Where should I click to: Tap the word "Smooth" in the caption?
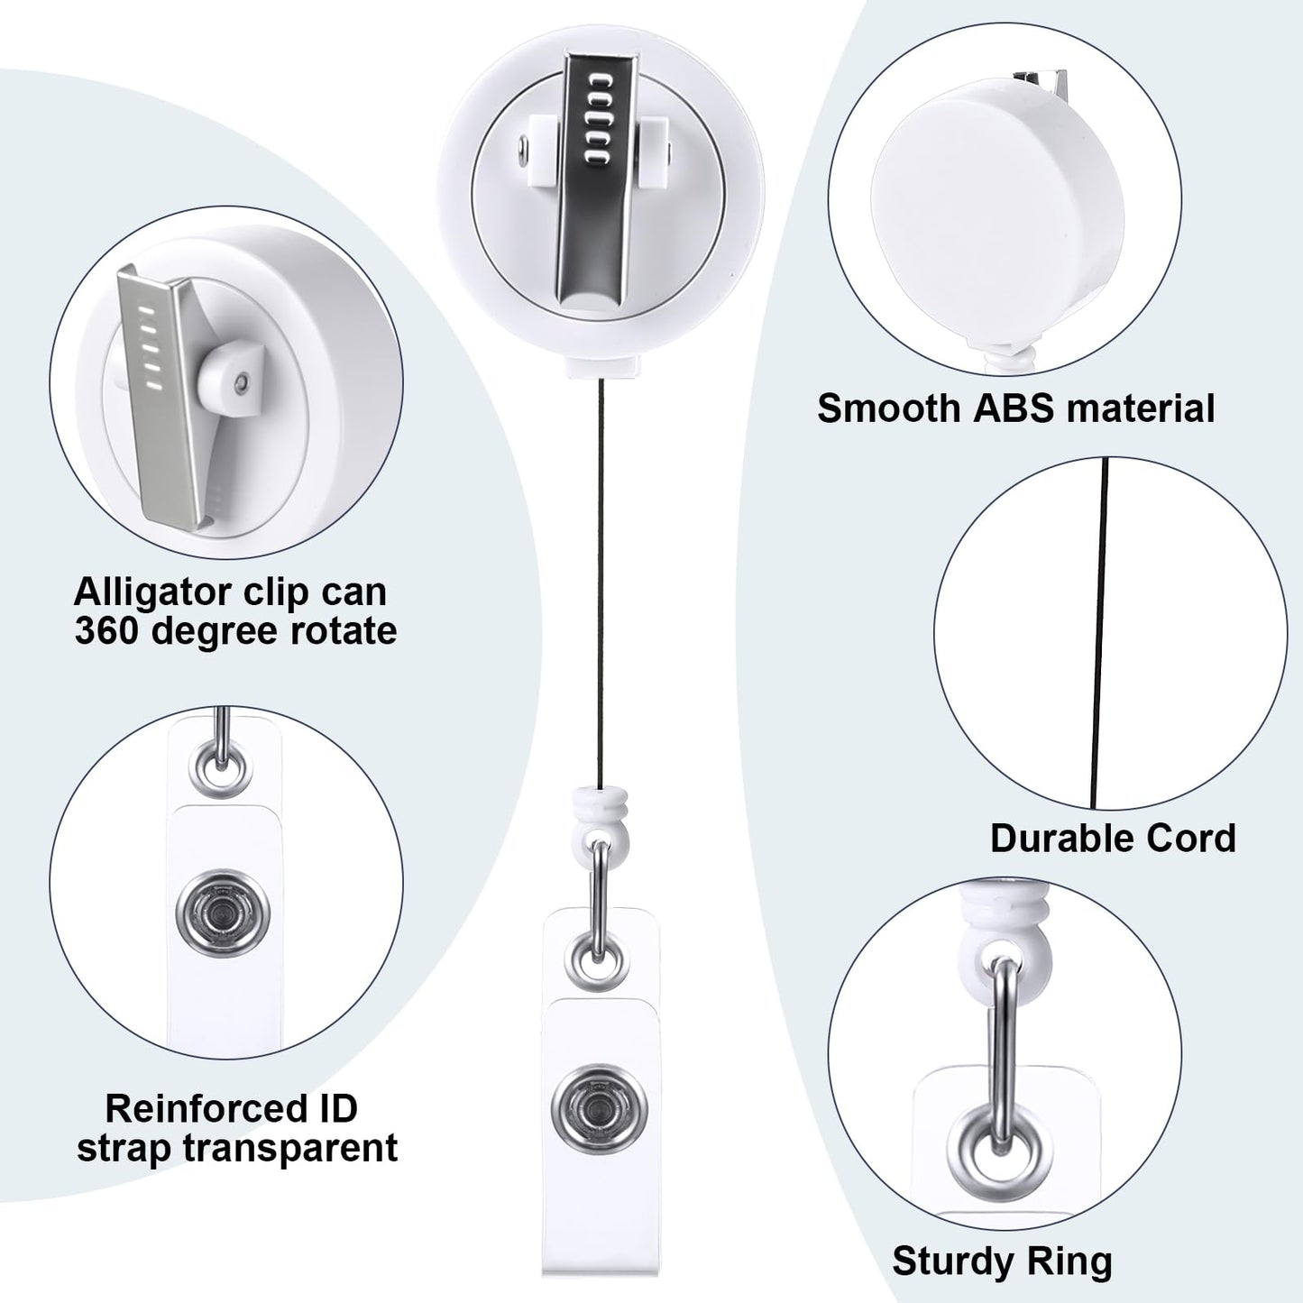(891, 408)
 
